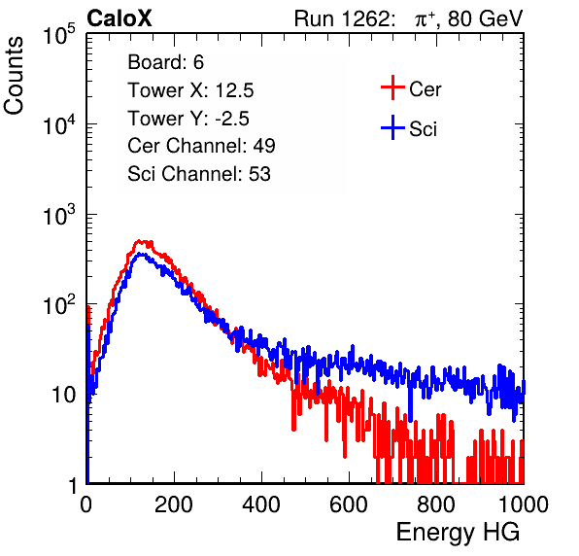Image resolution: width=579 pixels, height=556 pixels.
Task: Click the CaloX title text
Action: click(119, 18)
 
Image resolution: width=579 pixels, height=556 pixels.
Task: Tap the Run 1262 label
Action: click(342, 18)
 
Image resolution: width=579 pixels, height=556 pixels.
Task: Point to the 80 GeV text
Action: click(485, 18)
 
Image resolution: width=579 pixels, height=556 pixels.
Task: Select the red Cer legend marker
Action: click(392, 87)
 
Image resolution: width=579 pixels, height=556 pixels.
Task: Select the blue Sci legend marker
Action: click(392, 128)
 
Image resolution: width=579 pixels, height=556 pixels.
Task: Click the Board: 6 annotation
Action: click(166, 62)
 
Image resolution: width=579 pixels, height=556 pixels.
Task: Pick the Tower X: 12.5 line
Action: click(190, 90)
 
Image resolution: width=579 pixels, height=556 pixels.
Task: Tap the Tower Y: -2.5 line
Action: click(188, 119)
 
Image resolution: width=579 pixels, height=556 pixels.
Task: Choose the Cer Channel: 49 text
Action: click(201, 146)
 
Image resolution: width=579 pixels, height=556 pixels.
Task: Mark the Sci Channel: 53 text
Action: click(199, 174)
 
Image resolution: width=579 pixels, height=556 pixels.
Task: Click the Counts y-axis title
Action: click(14, 76)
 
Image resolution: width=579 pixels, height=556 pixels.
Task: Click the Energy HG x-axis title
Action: click(458, 533)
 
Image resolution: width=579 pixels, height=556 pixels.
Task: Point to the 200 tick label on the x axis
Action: click(174, 504)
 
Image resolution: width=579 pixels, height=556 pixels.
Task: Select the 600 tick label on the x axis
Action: click(349, 504)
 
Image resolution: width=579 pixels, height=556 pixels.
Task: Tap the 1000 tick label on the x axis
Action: click(524, 504)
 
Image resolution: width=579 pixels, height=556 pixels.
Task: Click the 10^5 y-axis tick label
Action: click(59, 35)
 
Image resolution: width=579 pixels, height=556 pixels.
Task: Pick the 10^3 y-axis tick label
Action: click(59, 215)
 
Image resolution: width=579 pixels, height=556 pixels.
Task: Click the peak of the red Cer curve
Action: click(139, 240)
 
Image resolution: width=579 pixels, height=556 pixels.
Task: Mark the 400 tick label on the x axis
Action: click(261, 504)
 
